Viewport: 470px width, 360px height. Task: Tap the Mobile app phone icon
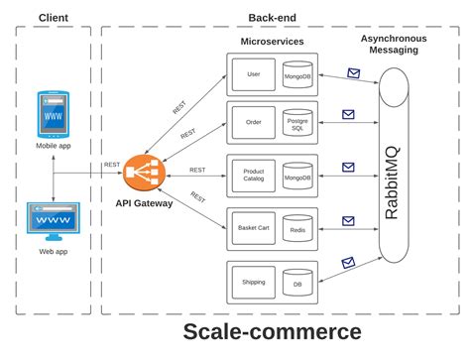[53, 114]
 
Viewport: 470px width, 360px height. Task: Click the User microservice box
[252, 74]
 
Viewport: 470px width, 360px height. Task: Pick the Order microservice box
[252, 124]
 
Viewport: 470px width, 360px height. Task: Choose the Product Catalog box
[253, 177]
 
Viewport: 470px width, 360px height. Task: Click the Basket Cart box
[253, 228]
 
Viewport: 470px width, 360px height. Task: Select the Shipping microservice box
[253, 282]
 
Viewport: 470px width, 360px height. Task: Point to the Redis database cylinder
[297, 229]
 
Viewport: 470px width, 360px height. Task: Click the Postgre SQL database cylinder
[297, 124]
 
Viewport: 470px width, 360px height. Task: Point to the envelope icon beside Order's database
[348, 114]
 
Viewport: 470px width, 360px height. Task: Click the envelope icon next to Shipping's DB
[348, 263]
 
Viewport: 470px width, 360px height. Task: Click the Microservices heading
[272, 42]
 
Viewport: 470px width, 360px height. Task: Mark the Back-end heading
[272, 18]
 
